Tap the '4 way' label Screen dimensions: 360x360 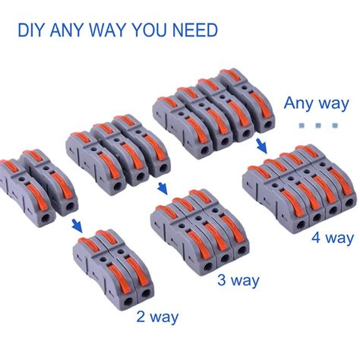pyautogui.click(x=330, y=238)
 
